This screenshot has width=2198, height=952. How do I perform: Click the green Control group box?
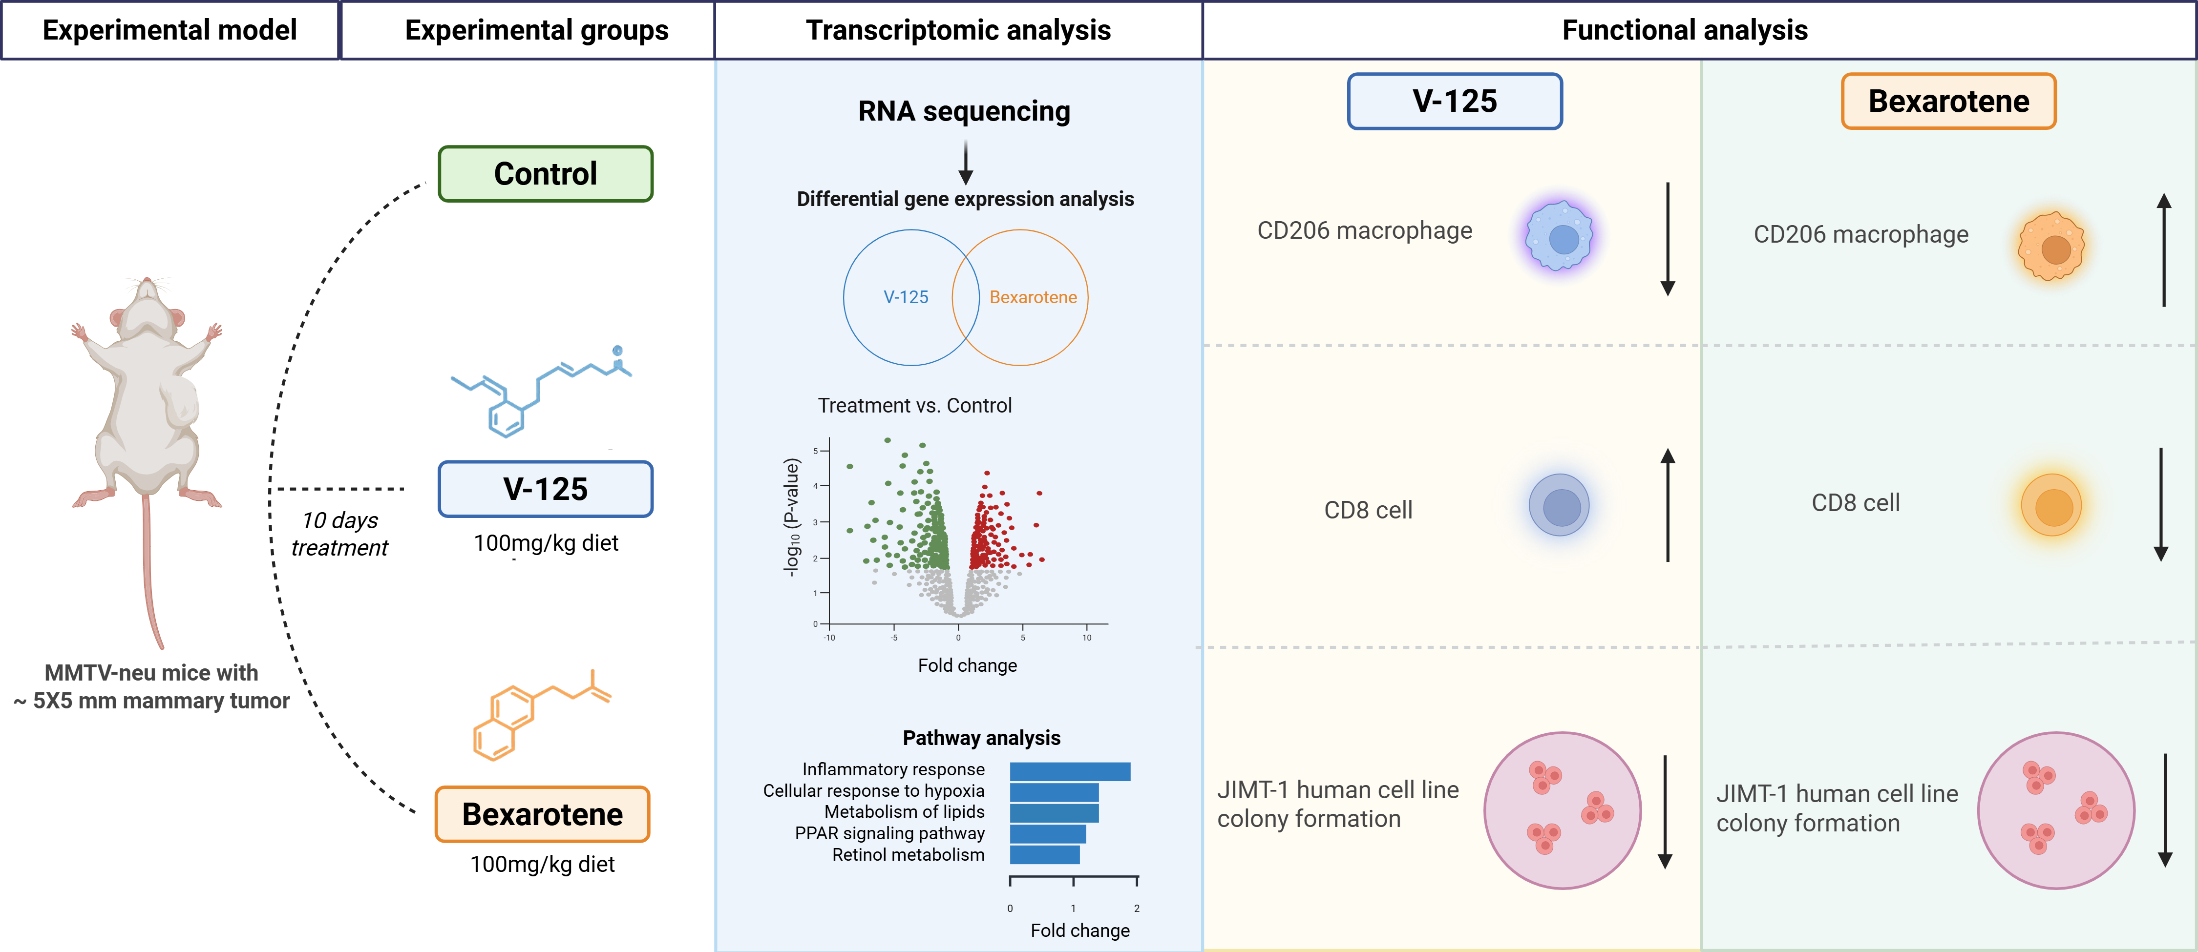tap(545, 174)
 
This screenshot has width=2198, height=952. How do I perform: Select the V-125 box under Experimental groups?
tap(545, 489)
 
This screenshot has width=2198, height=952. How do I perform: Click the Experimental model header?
tap(170, 30)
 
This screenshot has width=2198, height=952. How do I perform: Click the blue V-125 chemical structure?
tap(538, 393)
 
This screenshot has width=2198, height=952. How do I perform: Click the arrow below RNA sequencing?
tap(965, 162)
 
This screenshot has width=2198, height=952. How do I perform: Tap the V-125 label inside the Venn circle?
tap(905, 297)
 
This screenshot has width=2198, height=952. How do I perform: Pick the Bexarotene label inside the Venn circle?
tap(1033, 297)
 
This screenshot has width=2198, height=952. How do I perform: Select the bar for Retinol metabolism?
tap(1044, 855)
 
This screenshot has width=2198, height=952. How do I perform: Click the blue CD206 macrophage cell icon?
tap(1560, 236)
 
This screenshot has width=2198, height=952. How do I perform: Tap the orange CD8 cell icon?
tap(2051, 505)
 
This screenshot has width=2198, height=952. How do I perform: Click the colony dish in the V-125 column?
tap(1562, 810)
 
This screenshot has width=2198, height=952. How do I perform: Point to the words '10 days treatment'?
tap(339, 533)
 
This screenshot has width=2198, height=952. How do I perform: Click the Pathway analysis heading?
tap(981, 738)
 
